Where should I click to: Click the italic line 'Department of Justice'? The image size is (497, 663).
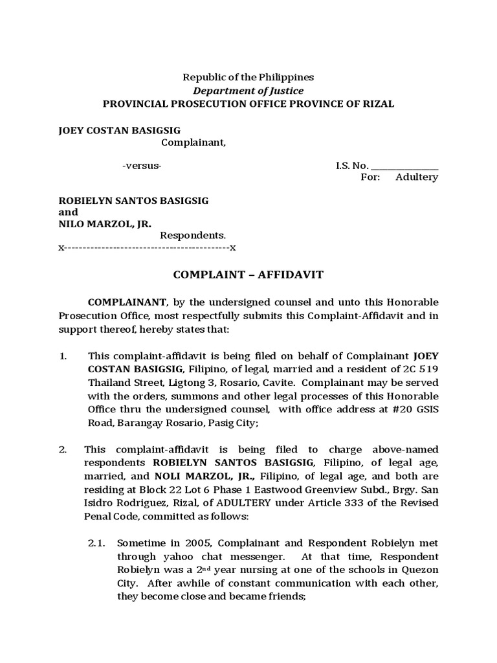(249, 91)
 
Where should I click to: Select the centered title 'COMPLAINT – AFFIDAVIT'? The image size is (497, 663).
(248, 275)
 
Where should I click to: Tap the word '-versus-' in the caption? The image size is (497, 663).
(142, 166)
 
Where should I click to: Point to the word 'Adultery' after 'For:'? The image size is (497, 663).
(417, 177)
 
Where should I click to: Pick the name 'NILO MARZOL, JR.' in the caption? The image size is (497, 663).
(105, 224)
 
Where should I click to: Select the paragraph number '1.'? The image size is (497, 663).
(63, 355)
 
